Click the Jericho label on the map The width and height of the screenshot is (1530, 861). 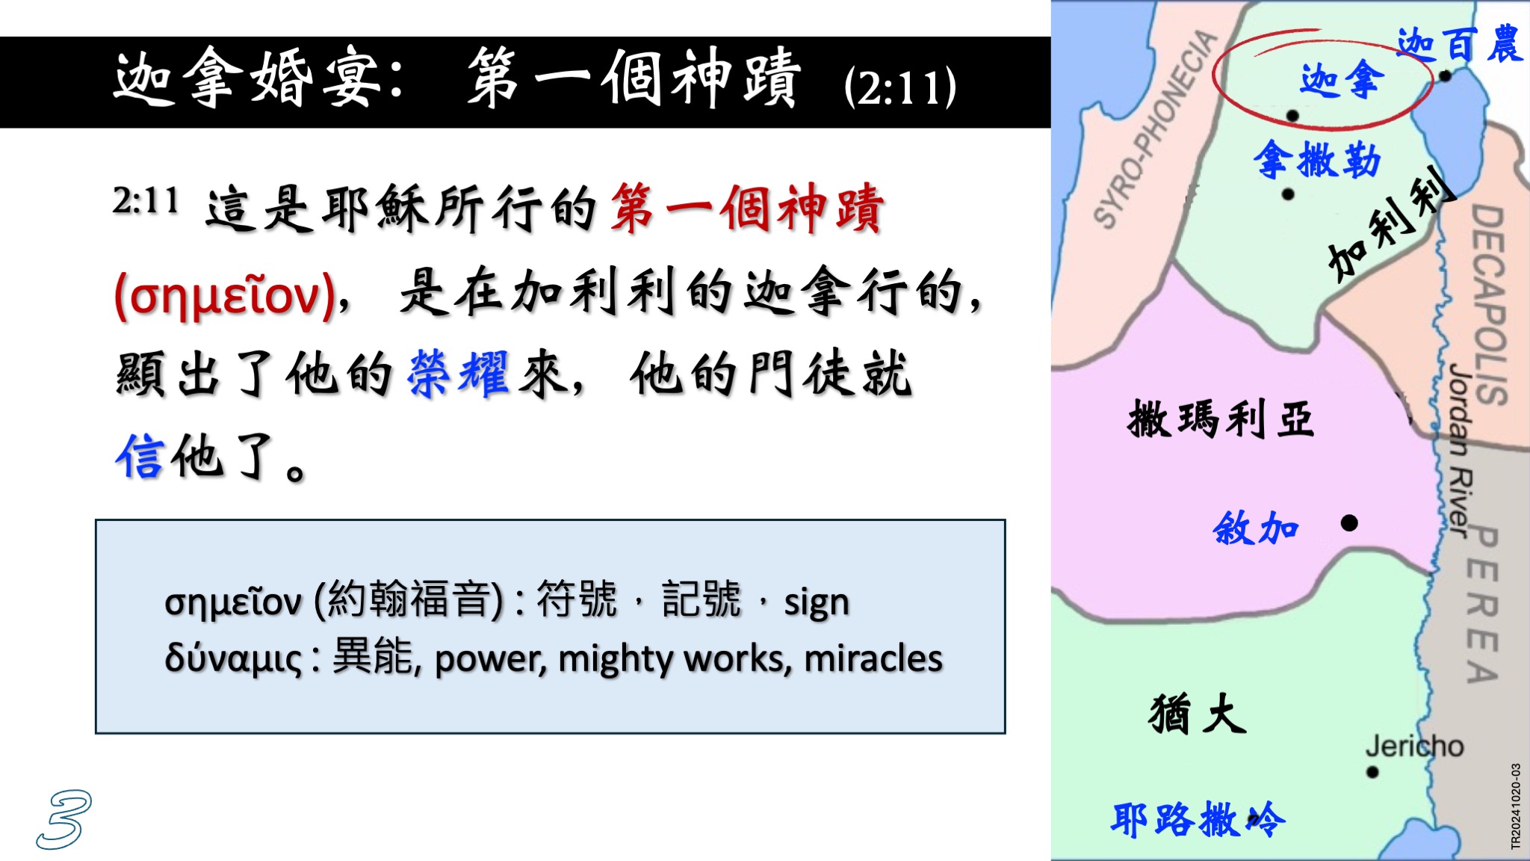1414,746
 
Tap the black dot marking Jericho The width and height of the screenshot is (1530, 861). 1372,772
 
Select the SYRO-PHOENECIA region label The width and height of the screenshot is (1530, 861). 1155,128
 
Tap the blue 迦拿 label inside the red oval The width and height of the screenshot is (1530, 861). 1342,79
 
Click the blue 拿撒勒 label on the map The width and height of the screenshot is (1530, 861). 1317,159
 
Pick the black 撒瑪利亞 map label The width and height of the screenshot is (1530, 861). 1221,419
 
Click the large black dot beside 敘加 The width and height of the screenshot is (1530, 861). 1349,523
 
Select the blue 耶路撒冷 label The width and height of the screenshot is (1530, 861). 1198,820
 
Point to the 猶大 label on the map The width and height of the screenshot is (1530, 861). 1198,714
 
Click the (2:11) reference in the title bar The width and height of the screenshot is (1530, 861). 899,87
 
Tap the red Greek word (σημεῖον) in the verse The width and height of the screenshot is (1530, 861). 225,296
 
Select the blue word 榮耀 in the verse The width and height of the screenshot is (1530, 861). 459,374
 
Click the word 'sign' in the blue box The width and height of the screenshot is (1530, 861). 816,602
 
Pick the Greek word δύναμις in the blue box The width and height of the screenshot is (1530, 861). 233,658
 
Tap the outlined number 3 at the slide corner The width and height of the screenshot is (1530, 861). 64,819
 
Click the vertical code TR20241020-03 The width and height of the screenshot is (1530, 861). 1516,806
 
